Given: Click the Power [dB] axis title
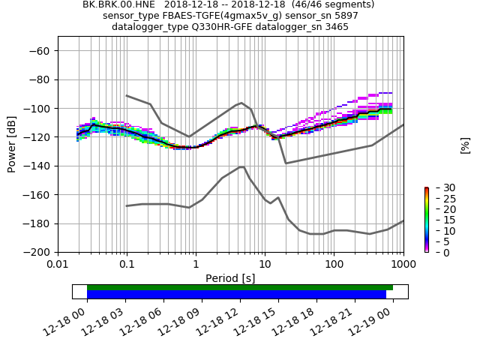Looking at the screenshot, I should [x=12, y=144].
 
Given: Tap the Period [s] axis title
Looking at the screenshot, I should [x=230, y=278].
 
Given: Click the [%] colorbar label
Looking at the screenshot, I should [x=465, y=145].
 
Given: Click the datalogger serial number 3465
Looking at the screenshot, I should [x=335, y=27].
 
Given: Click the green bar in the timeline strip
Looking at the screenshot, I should [x=240, y=287].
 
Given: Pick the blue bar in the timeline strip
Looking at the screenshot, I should [x=236, y=295].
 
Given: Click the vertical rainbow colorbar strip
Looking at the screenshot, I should [x=426, y=220].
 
